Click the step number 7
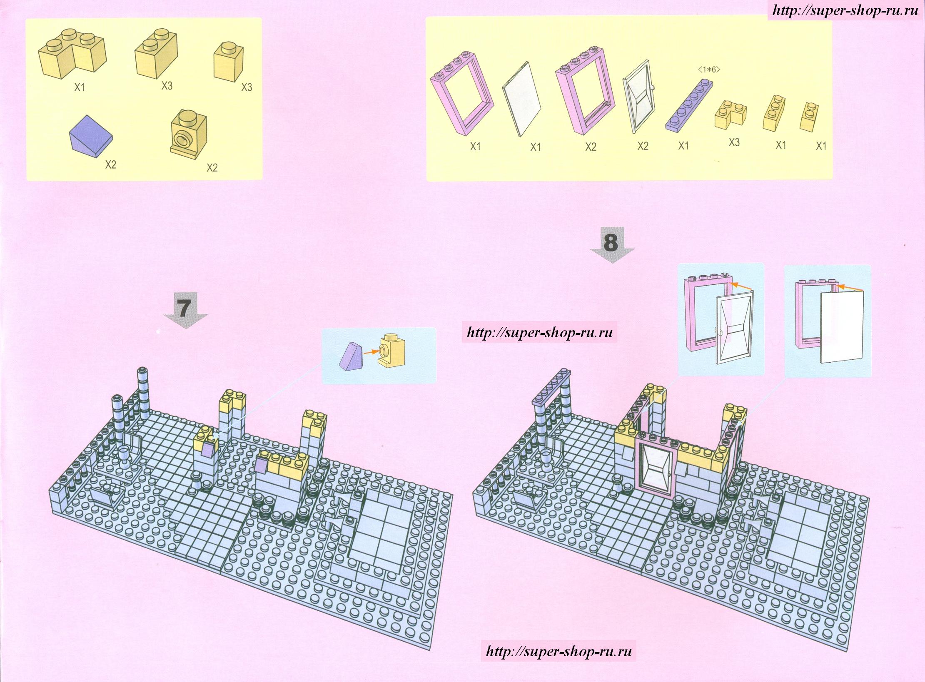[185, 308]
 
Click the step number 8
[611, 242]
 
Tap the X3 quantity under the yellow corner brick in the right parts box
[734, 142]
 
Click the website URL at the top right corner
[845, 11]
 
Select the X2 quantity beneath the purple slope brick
[110, 164]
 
